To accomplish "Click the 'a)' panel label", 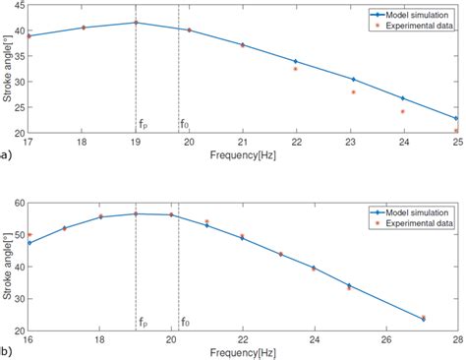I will point(6,154).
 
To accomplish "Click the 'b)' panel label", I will point(6,350).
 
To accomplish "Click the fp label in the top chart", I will point(144,124).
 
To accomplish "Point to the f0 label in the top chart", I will point(185,124).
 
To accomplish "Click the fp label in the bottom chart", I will point(144,321).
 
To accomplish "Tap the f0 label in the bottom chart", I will point(185,321).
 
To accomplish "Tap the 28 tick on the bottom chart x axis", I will point(456,338).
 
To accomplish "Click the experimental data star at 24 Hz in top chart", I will point(403,111).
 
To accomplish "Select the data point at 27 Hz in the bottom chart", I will point(423,319).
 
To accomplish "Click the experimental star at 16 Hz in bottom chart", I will point(30,235).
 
